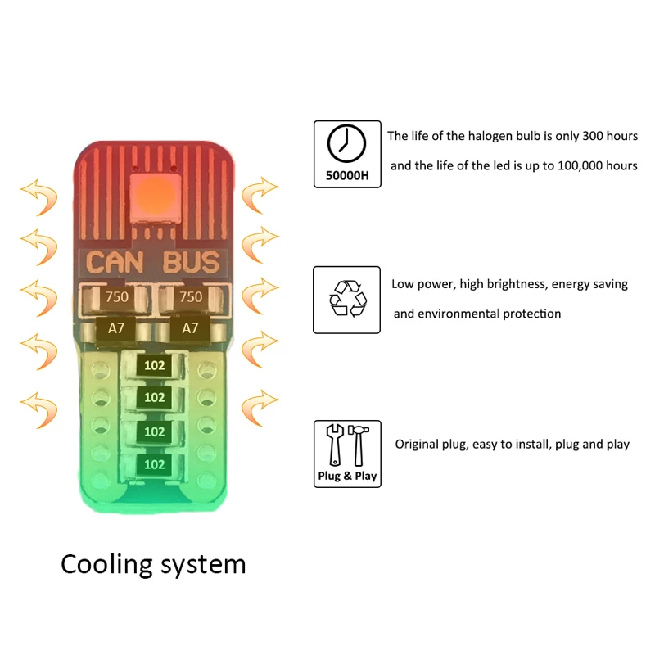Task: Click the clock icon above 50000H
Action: (x=346, y=144)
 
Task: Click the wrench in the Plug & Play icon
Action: (x=334, y=445)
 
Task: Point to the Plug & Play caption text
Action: (x=347, y=476)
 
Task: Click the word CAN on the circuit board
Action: (x=117, y=263)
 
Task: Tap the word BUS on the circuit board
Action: (x=192, y=263)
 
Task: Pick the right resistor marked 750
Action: (x=190, y=297)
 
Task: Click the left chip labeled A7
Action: (x=117, y=328)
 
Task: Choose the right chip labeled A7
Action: (x=190, y=328)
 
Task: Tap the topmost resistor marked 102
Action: (x=154, y=365)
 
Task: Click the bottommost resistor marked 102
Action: (x=154, y=464)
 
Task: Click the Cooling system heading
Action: (x=153, y=564)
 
